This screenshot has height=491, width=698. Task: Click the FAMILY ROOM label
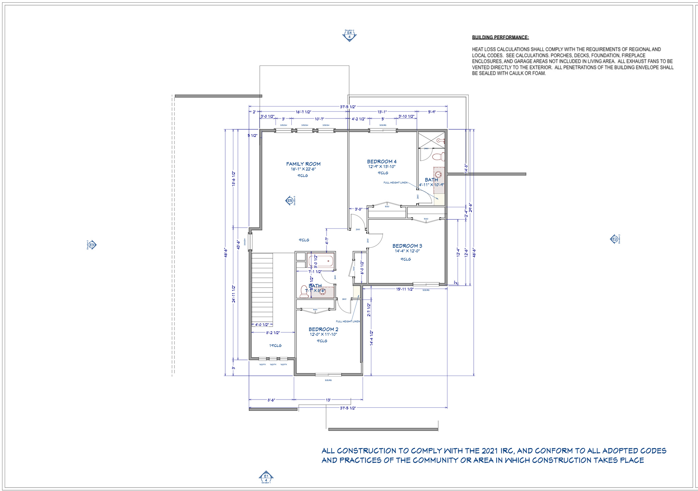coord(303,164)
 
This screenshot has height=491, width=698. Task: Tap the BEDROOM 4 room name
coord(381,161)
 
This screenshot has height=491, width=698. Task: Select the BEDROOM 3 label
coord(407,246)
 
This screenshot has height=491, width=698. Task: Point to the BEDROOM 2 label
coord(323,329)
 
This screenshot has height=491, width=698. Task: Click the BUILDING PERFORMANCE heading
coord(500,38)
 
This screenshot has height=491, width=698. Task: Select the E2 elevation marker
coord(614,239)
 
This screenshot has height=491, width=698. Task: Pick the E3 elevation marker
coord(92,245)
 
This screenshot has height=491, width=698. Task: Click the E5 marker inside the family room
coord(290,201)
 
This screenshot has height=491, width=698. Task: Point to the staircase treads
coord(262,287)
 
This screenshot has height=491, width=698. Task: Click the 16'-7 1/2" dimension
coord(303,112)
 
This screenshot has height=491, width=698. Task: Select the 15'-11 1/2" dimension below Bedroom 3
coord(405,289)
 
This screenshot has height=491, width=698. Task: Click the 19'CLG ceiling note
coord(275,346)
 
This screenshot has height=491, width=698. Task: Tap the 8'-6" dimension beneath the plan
coord(271,400)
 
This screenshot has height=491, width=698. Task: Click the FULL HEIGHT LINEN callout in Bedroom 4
coord(395,183)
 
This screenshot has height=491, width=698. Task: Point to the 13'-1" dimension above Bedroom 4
coord(382,112)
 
